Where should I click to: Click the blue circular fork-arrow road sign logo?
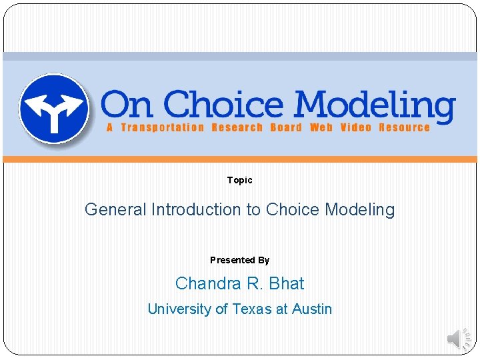point(53,107)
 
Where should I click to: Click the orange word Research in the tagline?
point(237,127)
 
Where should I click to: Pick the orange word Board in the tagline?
point(286,127)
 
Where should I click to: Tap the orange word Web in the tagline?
point(321,127)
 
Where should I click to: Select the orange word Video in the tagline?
point(355,127)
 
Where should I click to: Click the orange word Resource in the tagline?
point(404,127)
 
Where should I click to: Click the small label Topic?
point(239,180)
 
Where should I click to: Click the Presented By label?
point(239,260)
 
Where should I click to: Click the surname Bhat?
point(286,283)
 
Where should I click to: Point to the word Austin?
point(312,309)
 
